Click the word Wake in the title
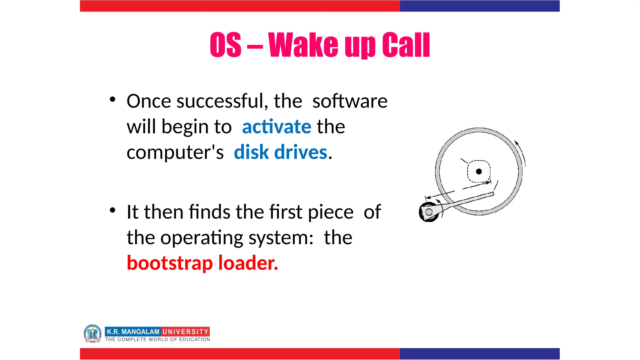[x=303, y=45]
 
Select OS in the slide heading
[x=225, y=45]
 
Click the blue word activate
[x=277, y=127]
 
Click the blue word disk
[x=251, y=152]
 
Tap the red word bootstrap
[x=170, y=263]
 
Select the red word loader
[x=248, y=263]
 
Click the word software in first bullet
[x=350, y=101]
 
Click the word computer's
[x=175, y=152]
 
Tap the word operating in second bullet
[x=202, y=238]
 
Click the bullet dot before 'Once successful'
[x=112, y=100]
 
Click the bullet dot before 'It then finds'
[x=112, y=210]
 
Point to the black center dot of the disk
[x=479, y=171]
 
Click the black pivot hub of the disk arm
[x=428, y=212]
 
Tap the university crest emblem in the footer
[x=92, y=333]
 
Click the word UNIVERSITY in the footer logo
[x=186, y=332]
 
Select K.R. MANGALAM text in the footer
[x=133, y=332]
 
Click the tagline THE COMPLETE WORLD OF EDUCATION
[x=157, y=339]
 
